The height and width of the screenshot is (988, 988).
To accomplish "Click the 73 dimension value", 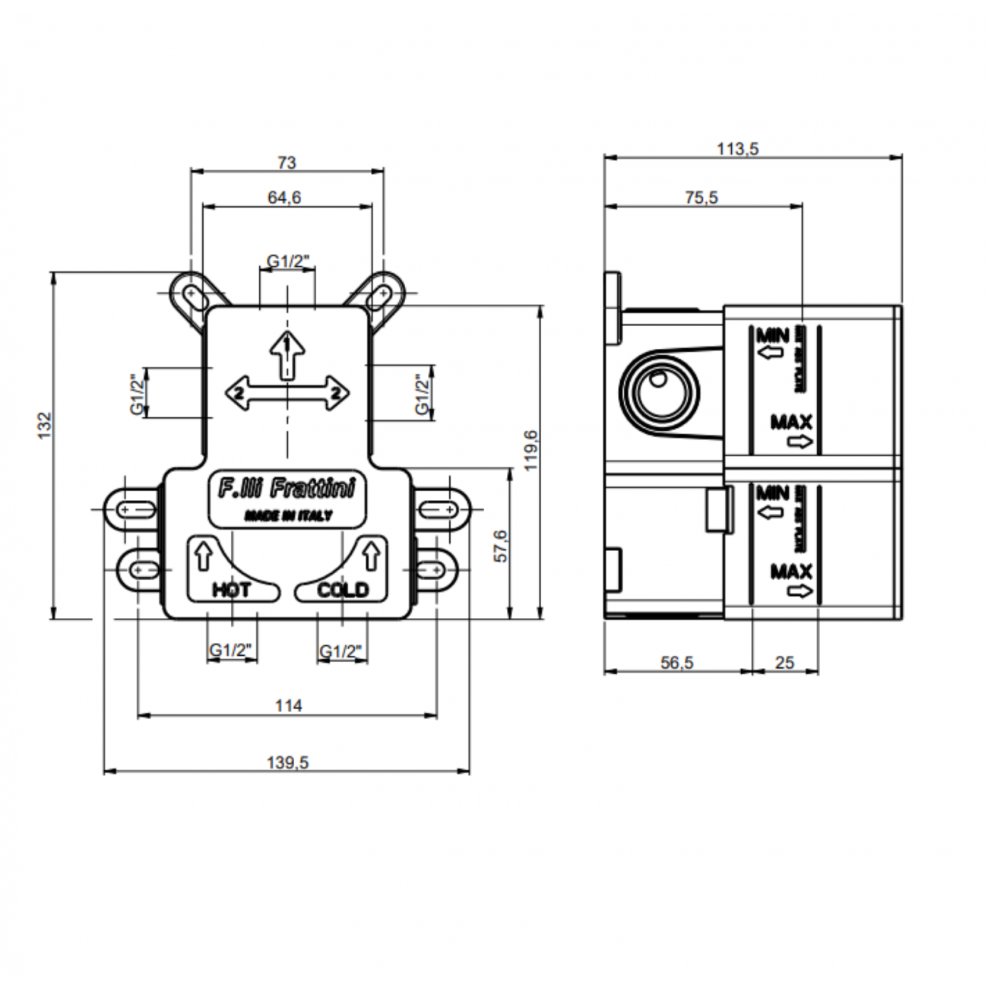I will [287, 163].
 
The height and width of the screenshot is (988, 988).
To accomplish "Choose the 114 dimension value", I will [288, 705].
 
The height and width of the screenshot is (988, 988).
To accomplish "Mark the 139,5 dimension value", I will [287, 762].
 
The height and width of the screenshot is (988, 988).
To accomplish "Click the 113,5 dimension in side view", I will [738, 149].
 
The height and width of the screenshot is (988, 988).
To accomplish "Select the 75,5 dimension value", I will [701, 198].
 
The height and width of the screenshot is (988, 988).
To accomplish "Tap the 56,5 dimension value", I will [676, 663].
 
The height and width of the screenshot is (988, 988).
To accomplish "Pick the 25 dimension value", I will [784, 663].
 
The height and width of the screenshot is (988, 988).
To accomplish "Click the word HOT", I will [231, 590].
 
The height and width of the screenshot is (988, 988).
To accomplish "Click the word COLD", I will [343, 590].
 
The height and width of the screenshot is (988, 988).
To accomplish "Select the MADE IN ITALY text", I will [287, 516].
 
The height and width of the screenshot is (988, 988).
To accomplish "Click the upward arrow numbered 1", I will [287, 353].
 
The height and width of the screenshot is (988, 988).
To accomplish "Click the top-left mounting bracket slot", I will [192, 295].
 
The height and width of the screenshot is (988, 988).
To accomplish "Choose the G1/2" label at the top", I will [288, 261].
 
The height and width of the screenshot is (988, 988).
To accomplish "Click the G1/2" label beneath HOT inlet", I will [232, 651].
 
